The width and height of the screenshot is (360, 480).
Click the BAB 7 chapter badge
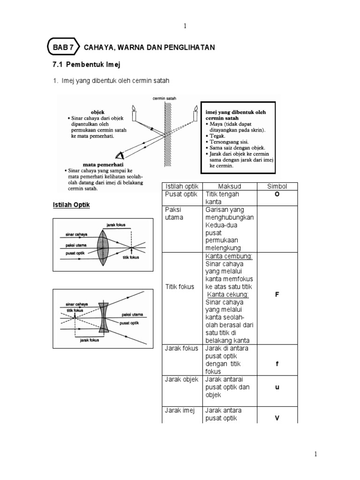63,48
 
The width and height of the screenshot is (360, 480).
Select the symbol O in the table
277,195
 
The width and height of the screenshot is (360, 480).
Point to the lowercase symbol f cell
277,364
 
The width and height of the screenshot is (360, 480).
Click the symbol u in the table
277,388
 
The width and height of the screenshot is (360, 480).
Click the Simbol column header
277,186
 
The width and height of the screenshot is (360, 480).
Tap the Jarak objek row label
181,380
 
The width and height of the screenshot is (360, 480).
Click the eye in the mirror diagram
120,156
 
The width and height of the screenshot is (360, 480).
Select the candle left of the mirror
134,114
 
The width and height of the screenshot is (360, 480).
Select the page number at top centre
185,26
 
